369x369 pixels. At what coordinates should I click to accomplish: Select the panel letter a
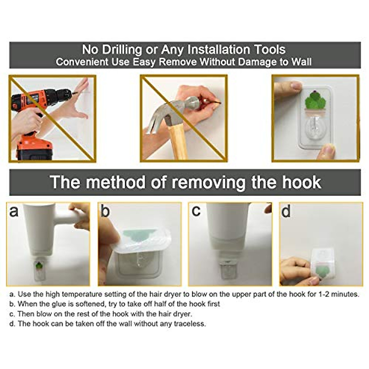[14, 211]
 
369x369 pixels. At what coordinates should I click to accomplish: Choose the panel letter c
[196, 211]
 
